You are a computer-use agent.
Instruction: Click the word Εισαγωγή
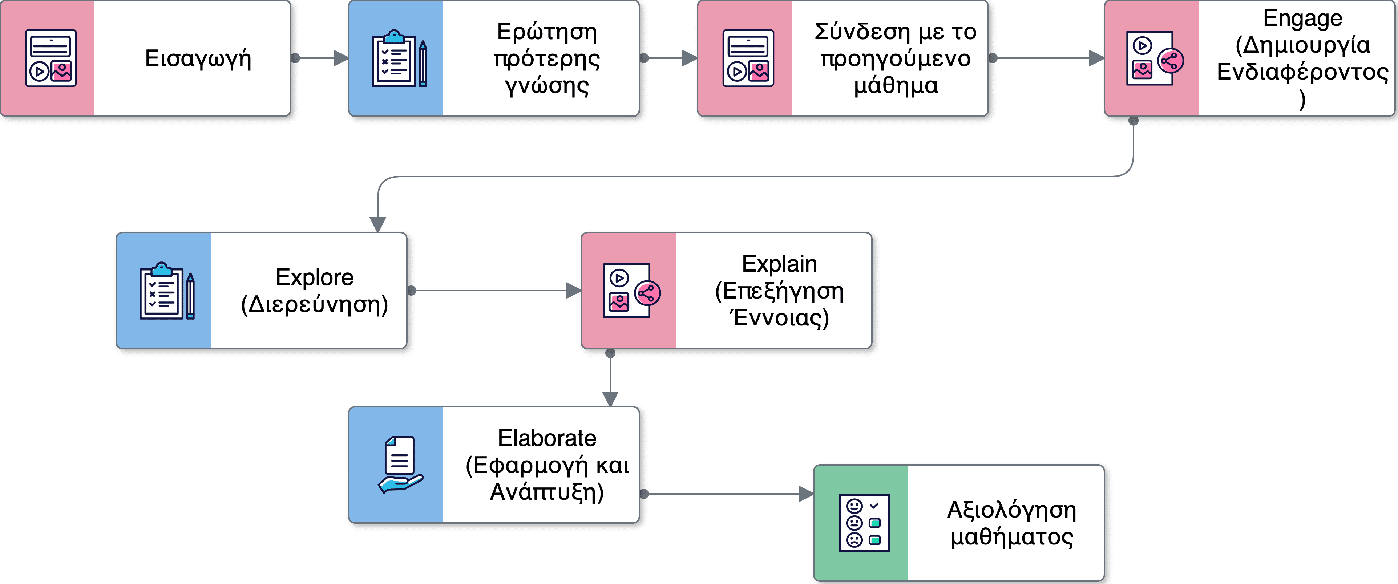198,58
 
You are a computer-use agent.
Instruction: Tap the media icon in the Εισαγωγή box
50,58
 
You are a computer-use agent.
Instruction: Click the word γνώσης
547,85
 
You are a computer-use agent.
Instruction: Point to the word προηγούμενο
896,58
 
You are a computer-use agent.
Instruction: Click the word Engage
1302,19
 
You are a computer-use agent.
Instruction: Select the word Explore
314,277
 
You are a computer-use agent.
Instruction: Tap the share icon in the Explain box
647,293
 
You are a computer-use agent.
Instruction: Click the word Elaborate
547,438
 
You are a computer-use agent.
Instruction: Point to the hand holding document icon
399,465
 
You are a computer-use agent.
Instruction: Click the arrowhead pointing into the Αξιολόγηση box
806,494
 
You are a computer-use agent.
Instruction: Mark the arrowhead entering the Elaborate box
611,399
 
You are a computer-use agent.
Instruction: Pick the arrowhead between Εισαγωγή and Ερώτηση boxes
341,58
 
